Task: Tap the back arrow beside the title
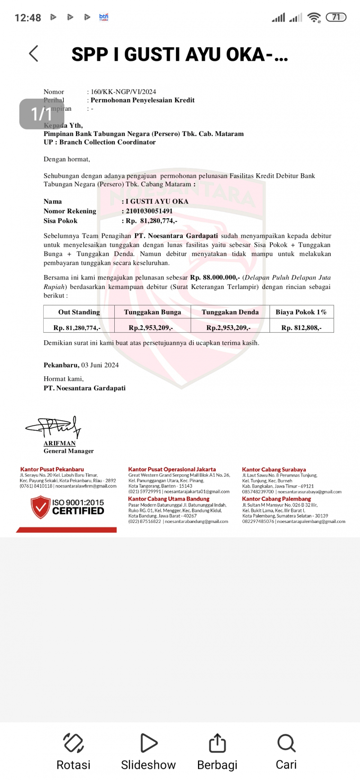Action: pos(34,54)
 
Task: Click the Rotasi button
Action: pos(73,743)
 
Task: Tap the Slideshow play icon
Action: pos(148,743)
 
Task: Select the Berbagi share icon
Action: pos(217,743)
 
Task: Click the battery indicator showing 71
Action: pos(336,18)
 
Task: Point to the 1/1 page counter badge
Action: pos(41,114)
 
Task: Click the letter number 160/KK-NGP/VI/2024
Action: pos(123,92)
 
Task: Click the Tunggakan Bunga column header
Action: pos(153,312)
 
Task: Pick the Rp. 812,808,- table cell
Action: pos(301,328)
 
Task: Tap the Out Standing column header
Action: pos(79,312)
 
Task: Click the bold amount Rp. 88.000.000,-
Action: pos(215,278)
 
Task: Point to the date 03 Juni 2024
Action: pos(100,365)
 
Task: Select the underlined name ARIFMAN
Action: pos(59,443)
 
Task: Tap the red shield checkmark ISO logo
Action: pos(40,507)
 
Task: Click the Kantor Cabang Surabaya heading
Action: pos(274,469)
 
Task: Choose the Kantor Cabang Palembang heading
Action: pos(276,499)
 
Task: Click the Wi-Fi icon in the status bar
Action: pos(314,18)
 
